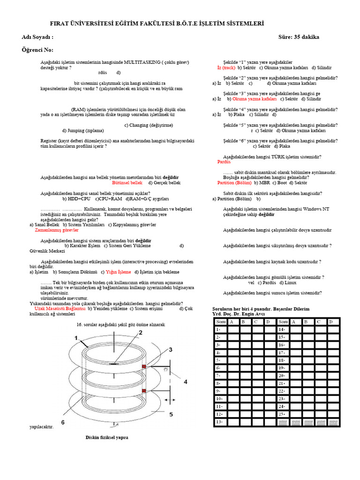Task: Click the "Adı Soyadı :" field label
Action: click(37, 37)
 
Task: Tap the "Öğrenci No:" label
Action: click(37, 50)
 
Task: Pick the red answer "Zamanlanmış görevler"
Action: click(57, 230)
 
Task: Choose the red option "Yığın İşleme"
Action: click(119, 272)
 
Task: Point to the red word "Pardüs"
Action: click(225, 162)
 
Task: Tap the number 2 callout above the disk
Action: click(140, 332)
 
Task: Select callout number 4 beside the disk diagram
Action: click(185, 382)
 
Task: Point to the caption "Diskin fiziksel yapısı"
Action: click(106, 437)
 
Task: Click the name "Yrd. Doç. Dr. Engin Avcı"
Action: click(239, 314)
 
